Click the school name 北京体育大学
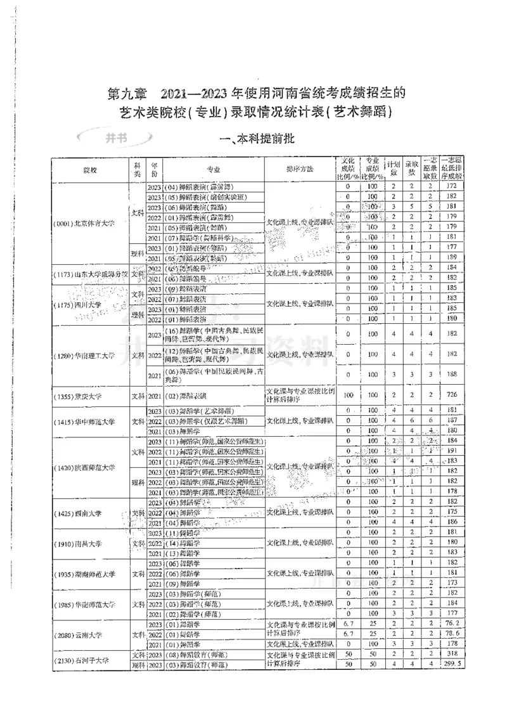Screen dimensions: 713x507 89,223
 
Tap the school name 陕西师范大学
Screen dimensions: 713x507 89,468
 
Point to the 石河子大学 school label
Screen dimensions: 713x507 89,660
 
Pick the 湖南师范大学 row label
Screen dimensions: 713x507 89,574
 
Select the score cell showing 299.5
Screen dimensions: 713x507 451,664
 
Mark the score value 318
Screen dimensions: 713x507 451,653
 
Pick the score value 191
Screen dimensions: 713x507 451,451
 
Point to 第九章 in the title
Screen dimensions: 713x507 127,94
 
